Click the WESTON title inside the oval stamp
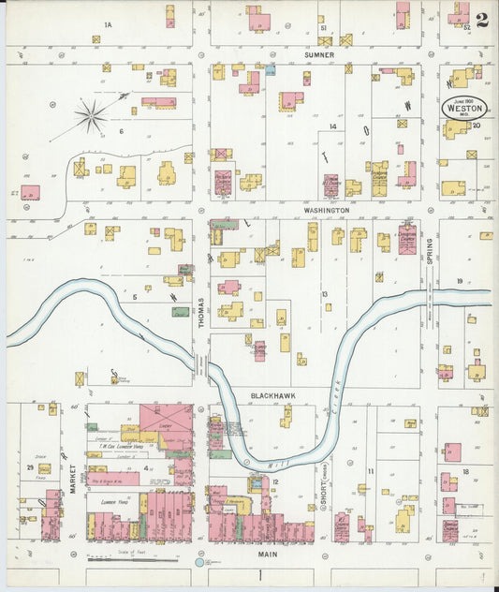pyautogui.click(x=464, y=108)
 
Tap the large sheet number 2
pyautogui.click(x=481, y=21)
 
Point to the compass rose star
pyautogui.click(x=91, y=117)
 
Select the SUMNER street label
pyautogui.click(x=319, y=55)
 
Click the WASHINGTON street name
pyautogui.click(x=327, y=211)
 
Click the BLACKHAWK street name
pyautogui.click(x=272, y=395)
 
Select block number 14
pyautogui.click(x=331, y=126)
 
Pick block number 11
pyautogui.click(x=371, y=470)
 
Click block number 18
pyautogui.click(x=465, y=473)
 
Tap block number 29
pyautogui.click(x=30, y=466)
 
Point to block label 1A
pyautogui.click(x=108, y=23)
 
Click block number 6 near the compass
pyautogui.click(x=121, y=130)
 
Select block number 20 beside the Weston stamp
pyautogui.click(x=477, y=125)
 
